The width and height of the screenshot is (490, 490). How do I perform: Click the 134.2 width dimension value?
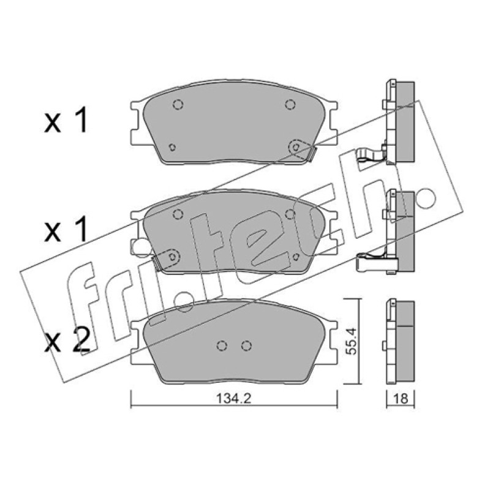pyautogui.click(x=234, y=398)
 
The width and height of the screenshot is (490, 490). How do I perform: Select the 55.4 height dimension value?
pyautogui.click(x=352, y=341)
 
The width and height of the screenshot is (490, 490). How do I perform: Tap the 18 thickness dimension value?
pyautogui.click(x=401, y=399)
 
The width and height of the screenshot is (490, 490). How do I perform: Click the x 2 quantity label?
pyautogui.click(x=67, y=341)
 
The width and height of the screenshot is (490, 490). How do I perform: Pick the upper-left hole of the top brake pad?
pyautogui.click(x=178, y=104)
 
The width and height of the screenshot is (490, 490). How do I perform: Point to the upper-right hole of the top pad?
pyautogui.click(x=290, y=104)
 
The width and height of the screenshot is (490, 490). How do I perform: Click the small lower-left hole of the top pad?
pyautogui.click(x=172, y=147)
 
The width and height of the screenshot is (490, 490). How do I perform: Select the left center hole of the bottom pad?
pyautogui.click(x=222, y=345)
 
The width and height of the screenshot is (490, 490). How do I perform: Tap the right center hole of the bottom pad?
pyautogui.click(x=247, y=345)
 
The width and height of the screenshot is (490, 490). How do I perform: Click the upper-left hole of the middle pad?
pyautogui.click(x=178, y=214)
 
